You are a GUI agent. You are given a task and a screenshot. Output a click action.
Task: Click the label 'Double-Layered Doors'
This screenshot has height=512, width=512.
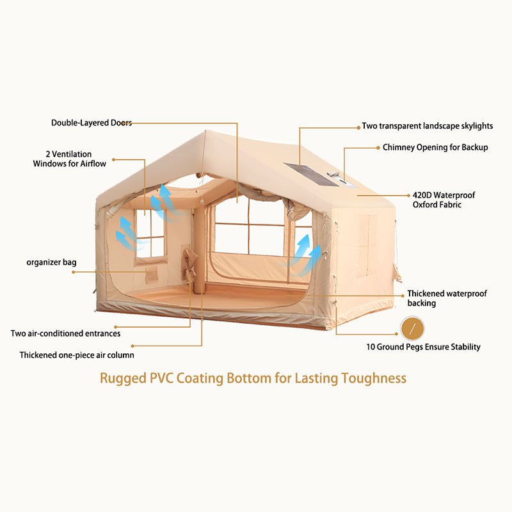tap(91, 122)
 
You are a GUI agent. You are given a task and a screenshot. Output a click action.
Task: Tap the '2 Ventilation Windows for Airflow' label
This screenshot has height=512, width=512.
tap(70, 159)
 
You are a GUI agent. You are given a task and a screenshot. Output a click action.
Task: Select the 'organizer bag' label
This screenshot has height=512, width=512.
tap(52, 262)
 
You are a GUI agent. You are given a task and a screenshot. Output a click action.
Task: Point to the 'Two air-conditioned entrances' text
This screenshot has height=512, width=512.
tap(65, 333)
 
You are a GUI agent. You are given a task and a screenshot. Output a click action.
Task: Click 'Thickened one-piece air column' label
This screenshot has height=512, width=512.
tap(77, 355)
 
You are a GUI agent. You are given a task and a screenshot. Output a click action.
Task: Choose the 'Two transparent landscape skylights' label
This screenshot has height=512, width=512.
tap(427, 126)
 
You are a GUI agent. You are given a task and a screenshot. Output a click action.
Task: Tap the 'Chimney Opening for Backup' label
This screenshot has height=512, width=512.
tap(435, 147)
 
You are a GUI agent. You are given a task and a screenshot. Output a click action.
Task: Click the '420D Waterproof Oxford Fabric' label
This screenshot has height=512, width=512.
tap(444, 200)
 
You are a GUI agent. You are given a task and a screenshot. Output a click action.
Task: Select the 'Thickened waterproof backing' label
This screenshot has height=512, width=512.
tap(447, 298)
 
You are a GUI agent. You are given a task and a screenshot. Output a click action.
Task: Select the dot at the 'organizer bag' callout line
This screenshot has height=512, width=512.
tap(74, 272)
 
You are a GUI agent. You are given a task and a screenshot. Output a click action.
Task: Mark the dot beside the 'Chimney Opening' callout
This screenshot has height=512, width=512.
tap(377, 147)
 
